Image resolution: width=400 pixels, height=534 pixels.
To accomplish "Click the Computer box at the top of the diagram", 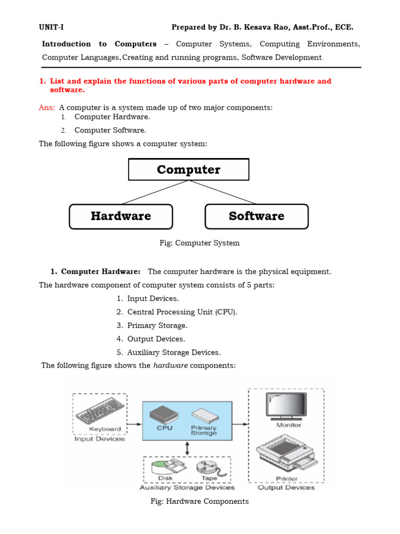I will pyautogui.click(x=189, y=169).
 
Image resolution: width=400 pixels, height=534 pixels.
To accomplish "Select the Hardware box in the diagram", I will pyautogui.click(x=121, y=216).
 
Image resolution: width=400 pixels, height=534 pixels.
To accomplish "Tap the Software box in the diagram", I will pyautogui.click(x=257, y=216).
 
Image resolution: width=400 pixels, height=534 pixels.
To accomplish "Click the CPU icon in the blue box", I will pyautogui.click(x=164, y=415).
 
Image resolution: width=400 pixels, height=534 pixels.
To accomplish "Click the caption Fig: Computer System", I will pyautogui.click(x=199, y=243).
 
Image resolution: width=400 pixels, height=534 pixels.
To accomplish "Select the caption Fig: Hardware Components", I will pyautogui.click(x=199, y=502).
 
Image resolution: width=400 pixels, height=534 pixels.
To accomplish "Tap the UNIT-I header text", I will pyautogui.click(x=51, y=27).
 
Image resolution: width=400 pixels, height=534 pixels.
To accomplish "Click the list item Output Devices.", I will pyautogui.click(x=156, y=339).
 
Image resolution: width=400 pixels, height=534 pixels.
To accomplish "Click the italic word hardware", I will pyautogui.click(x=170, y=366).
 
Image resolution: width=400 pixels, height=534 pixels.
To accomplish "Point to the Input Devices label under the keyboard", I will pyautogui.click(x=100, y=439).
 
